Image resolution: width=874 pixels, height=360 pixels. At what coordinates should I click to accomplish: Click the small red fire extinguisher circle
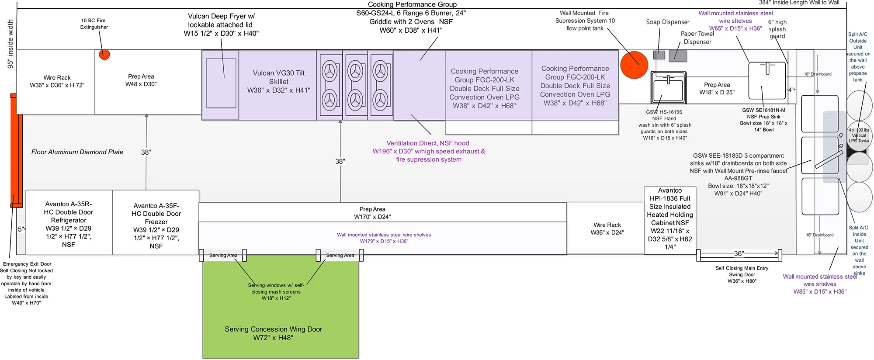[x=104, y=55]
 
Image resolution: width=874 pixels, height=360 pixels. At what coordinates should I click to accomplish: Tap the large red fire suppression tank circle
[x=634, y=65]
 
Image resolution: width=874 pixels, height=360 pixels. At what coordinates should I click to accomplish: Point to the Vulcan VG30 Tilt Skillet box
[x=278, y=85]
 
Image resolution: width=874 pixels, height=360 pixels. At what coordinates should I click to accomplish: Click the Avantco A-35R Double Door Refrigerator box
[x=69, y=222]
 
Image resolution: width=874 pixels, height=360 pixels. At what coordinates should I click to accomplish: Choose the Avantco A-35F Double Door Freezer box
[x=156, y=222]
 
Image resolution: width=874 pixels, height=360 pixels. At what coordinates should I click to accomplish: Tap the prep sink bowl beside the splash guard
[x=767, y=80]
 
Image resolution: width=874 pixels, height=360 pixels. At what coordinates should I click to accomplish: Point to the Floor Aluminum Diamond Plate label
[x=77, y=152]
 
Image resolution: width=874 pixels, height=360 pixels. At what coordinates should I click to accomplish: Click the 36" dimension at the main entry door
[x=739, y=253]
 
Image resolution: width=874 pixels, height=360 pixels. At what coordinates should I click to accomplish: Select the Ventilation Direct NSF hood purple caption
[x=428, y=151]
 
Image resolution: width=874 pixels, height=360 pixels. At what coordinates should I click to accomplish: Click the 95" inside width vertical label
[x=10, y=44]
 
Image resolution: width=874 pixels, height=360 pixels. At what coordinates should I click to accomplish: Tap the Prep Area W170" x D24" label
[x=372, y=213]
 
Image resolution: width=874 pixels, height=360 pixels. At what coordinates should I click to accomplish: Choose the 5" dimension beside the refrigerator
[x=21, y=229]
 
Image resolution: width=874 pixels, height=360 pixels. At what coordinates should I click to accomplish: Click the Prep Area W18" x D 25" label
[x=717, y=88]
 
